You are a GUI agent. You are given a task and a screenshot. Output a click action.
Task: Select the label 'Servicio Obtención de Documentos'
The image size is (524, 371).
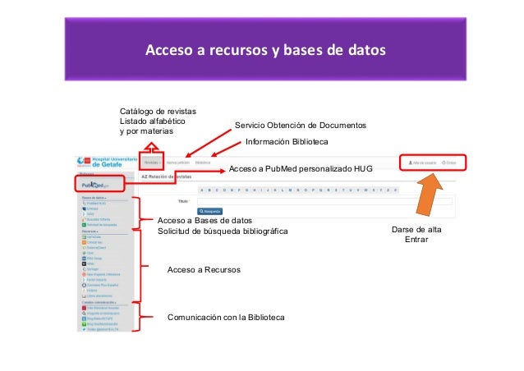point(300,126)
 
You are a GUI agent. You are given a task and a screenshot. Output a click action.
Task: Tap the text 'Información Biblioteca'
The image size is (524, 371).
point(287,142)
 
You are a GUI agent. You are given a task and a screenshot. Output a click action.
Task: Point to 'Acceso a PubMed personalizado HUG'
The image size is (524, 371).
point(300,169)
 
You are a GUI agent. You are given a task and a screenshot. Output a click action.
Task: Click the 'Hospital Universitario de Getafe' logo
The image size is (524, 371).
point(103,160)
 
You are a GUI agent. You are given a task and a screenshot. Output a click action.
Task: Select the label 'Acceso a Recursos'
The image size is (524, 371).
point(204,269)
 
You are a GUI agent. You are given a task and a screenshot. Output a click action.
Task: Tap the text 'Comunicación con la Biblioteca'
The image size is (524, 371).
point(226,317)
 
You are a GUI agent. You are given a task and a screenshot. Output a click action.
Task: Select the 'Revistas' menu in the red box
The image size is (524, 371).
point(150,163)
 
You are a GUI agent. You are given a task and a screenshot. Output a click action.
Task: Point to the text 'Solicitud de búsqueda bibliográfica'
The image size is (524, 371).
point(223,231)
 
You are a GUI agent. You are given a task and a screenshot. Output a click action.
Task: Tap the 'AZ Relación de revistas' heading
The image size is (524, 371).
point(168,176)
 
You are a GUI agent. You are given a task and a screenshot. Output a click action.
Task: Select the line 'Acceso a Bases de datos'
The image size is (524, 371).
point(205,221)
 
